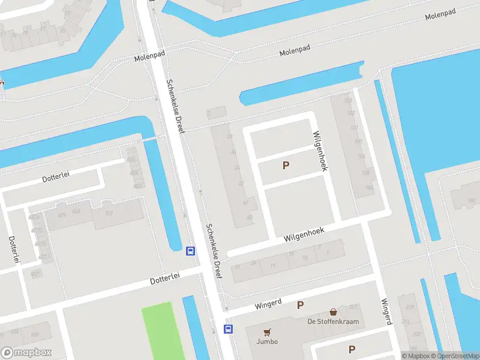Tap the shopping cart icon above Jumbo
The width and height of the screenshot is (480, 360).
coord(267,332)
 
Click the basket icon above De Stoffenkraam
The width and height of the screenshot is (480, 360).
coord(333,312)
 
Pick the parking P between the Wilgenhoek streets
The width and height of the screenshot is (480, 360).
coord(286,165)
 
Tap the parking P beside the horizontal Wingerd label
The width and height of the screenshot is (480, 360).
coord(300,305)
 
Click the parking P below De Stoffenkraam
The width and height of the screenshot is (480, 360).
coord(352,349)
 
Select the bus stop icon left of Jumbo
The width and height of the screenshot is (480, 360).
coord(228,328)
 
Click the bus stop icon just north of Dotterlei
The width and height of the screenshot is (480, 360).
coord(190,251)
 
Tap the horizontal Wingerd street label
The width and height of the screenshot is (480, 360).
coord(268,304)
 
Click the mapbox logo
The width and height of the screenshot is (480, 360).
coord(26,353)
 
